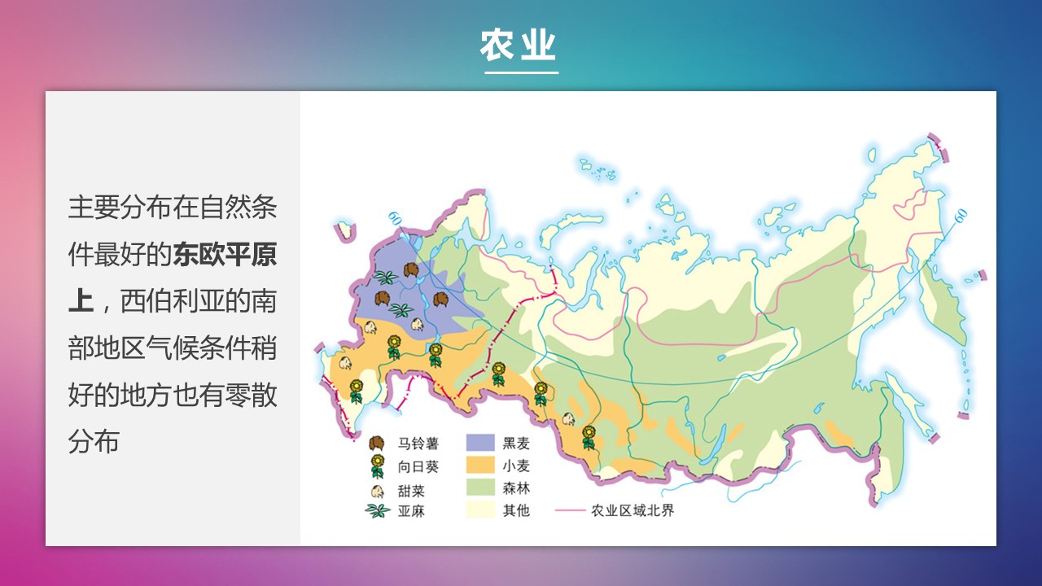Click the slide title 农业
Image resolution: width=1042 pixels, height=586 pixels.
click(518, 45)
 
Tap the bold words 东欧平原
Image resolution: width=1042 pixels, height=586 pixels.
click(225, 255)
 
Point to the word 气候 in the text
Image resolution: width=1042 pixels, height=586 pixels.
click(172, 348)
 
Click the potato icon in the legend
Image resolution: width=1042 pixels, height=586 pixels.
click(377, 444)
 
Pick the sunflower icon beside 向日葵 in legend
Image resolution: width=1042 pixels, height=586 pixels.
click(377, 466)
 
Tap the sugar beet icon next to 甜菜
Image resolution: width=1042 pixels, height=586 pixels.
click(377, 491)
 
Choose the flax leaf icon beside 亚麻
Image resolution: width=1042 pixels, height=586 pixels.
click(377, 510)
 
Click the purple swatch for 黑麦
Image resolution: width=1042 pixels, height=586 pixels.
click(480, 443)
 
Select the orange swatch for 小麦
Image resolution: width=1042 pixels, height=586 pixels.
click(480, 465)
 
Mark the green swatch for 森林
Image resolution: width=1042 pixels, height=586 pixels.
click(480, 488)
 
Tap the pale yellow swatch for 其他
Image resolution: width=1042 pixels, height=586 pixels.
click(480, 509)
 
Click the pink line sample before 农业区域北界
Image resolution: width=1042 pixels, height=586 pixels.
click(571, 510)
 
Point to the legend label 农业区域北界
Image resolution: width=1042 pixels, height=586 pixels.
click(633, 510)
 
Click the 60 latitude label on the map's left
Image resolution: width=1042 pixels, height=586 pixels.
click(395, 218)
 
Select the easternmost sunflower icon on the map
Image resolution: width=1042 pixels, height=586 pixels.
click(589, 438)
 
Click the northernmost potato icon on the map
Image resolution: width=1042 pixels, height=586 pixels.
click(411, 269)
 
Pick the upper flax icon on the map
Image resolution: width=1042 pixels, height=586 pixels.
click(386, 278)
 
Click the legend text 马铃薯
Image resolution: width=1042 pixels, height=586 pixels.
click(418, 444)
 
